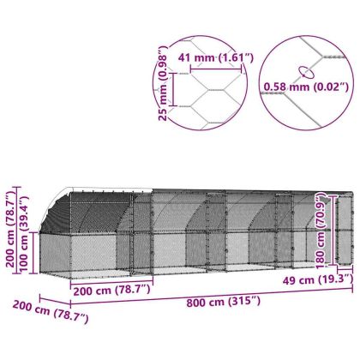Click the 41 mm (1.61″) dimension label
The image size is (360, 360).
216,58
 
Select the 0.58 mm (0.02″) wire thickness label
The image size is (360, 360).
306,87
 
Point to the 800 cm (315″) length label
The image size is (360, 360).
224,302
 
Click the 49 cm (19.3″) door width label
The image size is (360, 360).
318,279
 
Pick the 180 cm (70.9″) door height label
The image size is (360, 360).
321,231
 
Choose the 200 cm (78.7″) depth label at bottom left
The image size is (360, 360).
51,312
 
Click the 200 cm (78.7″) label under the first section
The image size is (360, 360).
111,291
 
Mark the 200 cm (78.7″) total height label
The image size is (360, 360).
10,230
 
